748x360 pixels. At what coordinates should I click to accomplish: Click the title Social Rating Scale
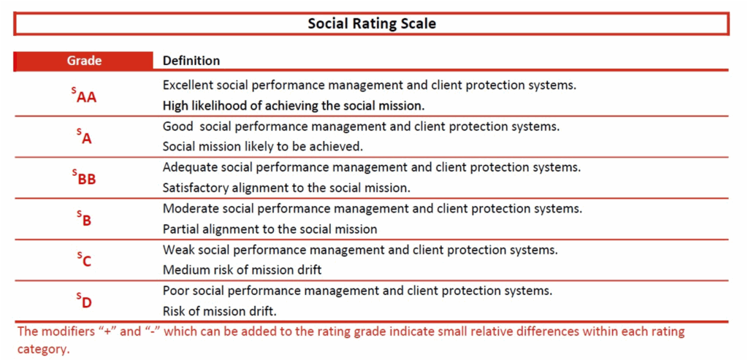372,24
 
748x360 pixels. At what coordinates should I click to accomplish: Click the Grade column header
84,61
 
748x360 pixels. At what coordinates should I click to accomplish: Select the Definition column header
191,61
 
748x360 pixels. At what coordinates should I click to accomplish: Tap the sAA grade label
81,96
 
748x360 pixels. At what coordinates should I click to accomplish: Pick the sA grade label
84,137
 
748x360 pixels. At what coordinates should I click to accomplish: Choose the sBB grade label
84,178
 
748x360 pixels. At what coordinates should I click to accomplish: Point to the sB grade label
84,219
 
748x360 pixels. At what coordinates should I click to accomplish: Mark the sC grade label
84,260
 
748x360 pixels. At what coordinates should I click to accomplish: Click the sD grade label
84,302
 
